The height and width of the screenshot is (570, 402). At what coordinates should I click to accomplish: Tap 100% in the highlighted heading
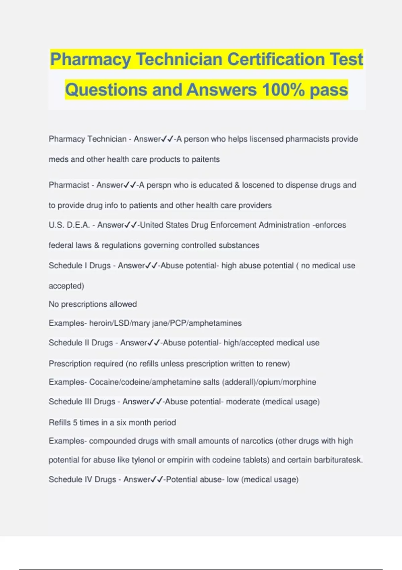283,90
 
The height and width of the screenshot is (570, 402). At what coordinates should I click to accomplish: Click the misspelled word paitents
206,159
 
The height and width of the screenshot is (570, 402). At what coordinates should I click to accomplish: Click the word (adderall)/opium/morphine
269,382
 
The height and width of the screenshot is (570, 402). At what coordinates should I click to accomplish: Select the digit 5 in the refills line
75,423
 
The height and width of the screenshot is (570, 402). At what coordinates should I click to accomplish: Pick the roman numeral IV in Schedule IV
88,480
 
